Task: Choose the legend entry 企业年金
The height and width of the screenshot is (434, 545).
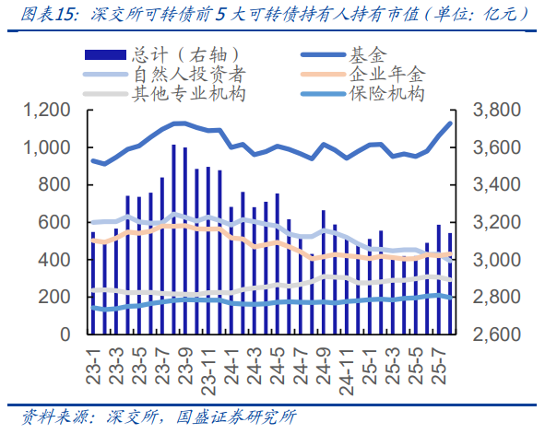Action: point(387,75)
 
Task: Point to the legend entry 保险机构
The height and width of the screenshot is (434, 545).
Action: point(387,93)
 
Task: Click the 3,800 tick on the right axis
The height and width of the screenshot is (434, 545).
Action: point(498,111)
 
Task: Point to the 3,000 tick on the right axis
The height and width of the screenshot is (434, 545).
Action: point(498,261)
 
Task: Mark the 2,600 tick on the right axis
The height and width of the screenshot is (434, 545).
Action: point(498,335)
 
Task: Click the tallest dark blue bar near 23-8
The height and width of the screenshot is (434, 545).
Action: point(173,240)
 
